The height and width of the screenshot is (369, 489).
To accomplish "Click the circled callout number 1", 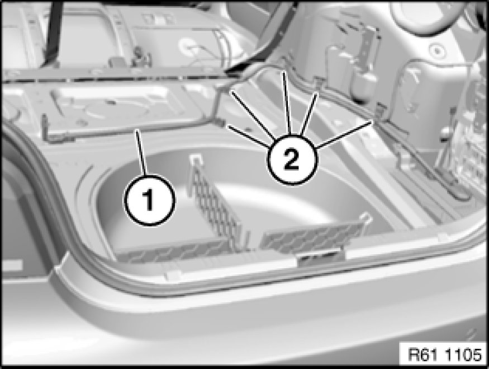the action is (x=150, y=200).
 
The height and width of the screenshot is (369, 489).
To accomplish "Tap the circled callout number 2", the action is (x=292, y=160).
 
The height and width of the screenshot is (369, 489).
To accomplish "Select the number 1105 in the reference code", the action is (x=463, y=355).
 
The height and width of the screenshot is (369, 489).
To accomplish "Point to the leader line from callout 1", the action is (x=141, y=152).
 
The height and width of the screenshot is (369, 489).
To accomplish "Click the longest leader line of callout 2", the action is (x=344, y=134).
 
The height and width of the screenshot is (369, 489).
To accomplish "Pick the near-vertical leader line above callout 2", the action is (x=287, y=104).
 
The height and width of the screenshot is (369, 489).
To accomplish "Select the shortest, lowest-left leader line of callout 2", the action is (x=248, y=136).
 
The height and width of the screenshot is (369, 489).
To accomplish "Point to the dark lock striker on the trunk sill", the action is (x=321, y=258).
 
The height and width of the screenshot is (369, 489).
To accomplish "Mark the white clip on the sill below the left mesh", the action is (x=173, y=275).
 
